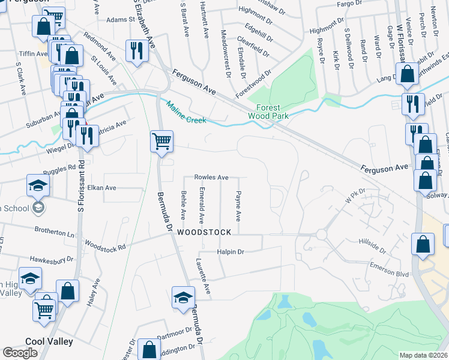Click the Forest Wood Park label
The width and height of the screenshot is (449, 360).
point(269,111)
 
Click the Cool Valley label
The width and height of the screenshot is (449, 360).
point(49,341)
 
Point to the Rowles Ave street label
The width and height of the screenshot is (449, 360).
point(211,178)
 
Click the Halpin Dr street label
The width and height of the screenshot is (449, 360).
point(232,252)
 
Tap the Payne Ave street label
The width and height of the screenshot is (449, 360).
point(238,205)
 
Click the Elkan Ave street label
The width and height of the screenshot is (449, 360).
point(101,188)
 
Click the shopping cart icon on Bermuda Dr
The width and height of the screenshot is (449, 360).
point(161,142)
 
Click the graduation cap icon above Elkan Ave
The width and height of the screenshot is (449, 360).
point(37,185)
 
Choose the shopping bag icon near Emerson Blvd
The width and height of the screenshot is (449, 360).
point(423,244)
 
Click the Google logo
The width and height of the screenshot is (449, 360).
point(20,353)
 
